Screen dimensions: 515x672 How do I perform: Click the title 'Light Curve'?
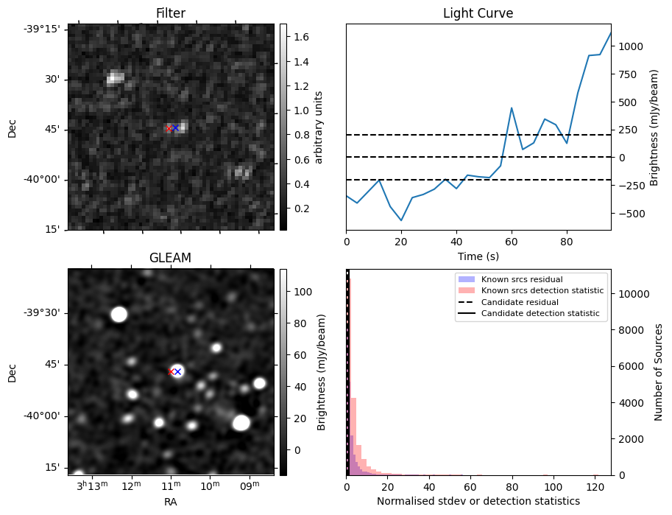(x=478, y=13)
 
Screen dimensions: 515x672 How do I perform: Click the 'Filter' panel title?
(x=171, y=13)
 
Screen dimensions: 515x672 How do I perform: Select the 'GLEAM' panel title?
(x=171, y=258)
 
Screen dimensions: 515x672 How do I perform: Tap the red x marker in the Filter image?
(x=169, y=128)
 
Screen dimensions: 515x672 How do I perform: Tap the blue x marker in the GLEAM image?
(x=177, y=371)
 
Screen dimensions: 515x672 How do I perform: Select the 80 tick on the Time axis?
(x=566, y=241)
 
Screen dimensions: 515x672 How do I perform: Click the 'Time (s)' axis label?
(x=478, y=255)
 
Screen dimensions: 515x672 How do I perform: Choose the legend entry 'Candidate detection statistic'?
(x=540, y=314)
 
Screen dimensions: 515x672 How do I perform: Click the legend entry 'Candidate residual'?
(x=519, y=303)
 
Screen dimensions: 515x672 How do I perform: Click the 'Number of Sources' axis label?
(x=659, y=372)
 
